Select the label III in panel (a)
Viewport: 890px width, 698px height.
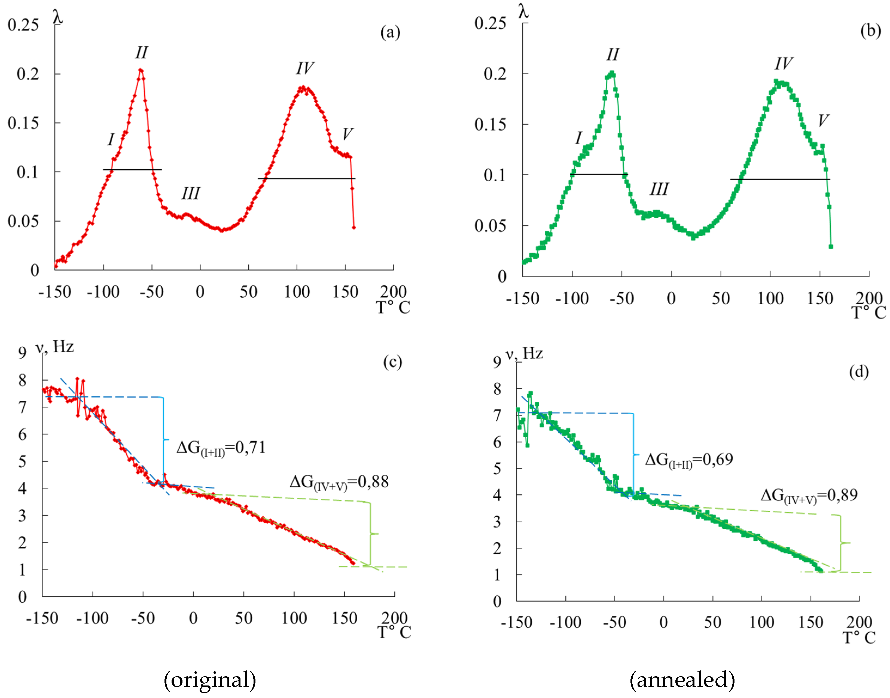click(191, 193)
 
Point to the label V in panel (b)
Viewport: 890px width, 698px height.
click(823, 121)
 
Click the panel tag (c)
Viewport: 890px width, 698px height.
click(392, 362)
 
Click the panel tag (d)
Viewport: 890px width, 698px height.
click(858, 372)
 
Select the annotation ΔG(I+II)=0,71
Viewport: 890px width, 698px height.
click(221, 448)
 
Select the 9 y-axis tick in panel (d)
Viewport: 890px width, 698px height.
click(497, 362)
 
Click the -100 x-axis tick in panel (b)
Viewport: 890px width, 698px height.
click(572, 299)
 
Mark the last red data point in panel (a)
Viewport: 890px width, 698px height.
click(353, 227)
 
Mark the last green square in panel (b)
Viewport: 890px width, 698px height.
click(831, 246)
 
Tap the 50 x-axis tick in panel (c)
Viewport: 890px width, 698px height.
click(244, 618)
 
